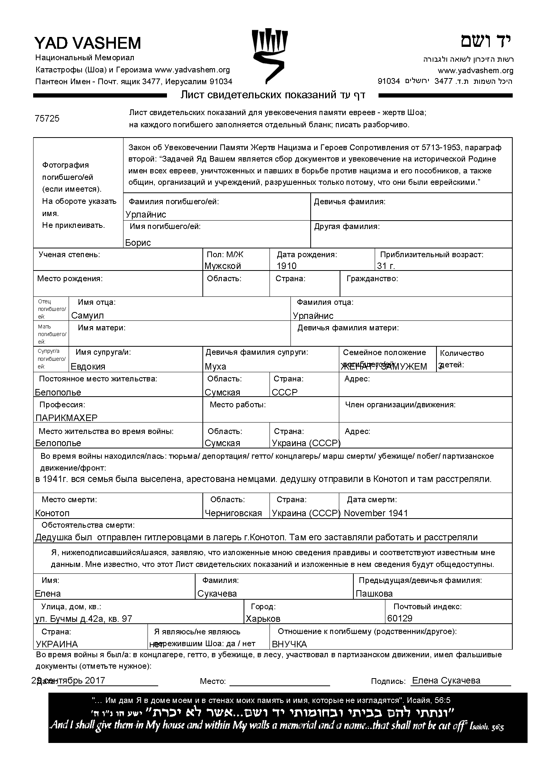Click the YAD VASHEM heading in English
(x=88, y=43)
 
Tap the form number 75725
(x=47, y=118)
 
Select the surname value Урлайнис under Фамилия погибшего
(x=146, y=215)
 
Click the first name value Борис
(x=138, y=243)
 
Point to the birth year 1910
(x=287, y=266)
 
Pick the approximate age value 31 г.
(x=386, y=266)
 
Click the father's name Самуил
(x=87, y=315)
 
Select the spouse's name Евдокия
(x=88, y=367)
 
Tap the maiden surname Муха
(x=215, y=367)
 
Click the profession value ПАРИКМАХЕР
(x=66, y=418)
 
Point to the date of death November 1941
(x=376, y=513)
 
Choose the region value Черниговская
(x=233, y=513)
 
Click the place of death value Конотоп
(x=52, y=513)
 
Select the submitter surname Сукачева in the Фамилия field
(x=217, y=594)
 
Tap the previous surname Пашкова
(x=374, y=594)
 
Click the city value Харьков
(x=263, y=619)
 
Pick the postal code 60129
(x=399, y=618)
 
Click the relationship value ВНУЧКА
(x=289, y=644)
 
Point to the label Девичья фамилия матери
(x=348, y=328)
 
